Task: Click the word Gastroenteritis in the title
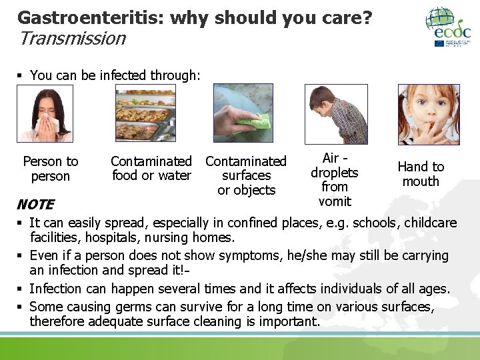(91, 17)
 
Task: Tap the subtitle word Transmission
(72, 39)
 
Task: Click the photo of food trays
(145, 113)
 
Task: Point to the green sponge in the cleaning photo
(254, 123)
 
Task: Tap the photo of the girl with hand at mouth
(429, 114)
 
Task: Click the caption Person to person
(51, 169)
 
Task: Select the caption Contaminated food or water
(151, 169)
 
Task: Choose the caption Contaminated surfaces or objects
(246, 175)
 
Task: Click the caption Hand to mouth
(421, 174)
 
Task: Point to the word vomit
(335, 201)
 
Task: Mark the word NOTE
(35, 204)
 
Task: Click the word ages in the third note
(434, 289)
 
